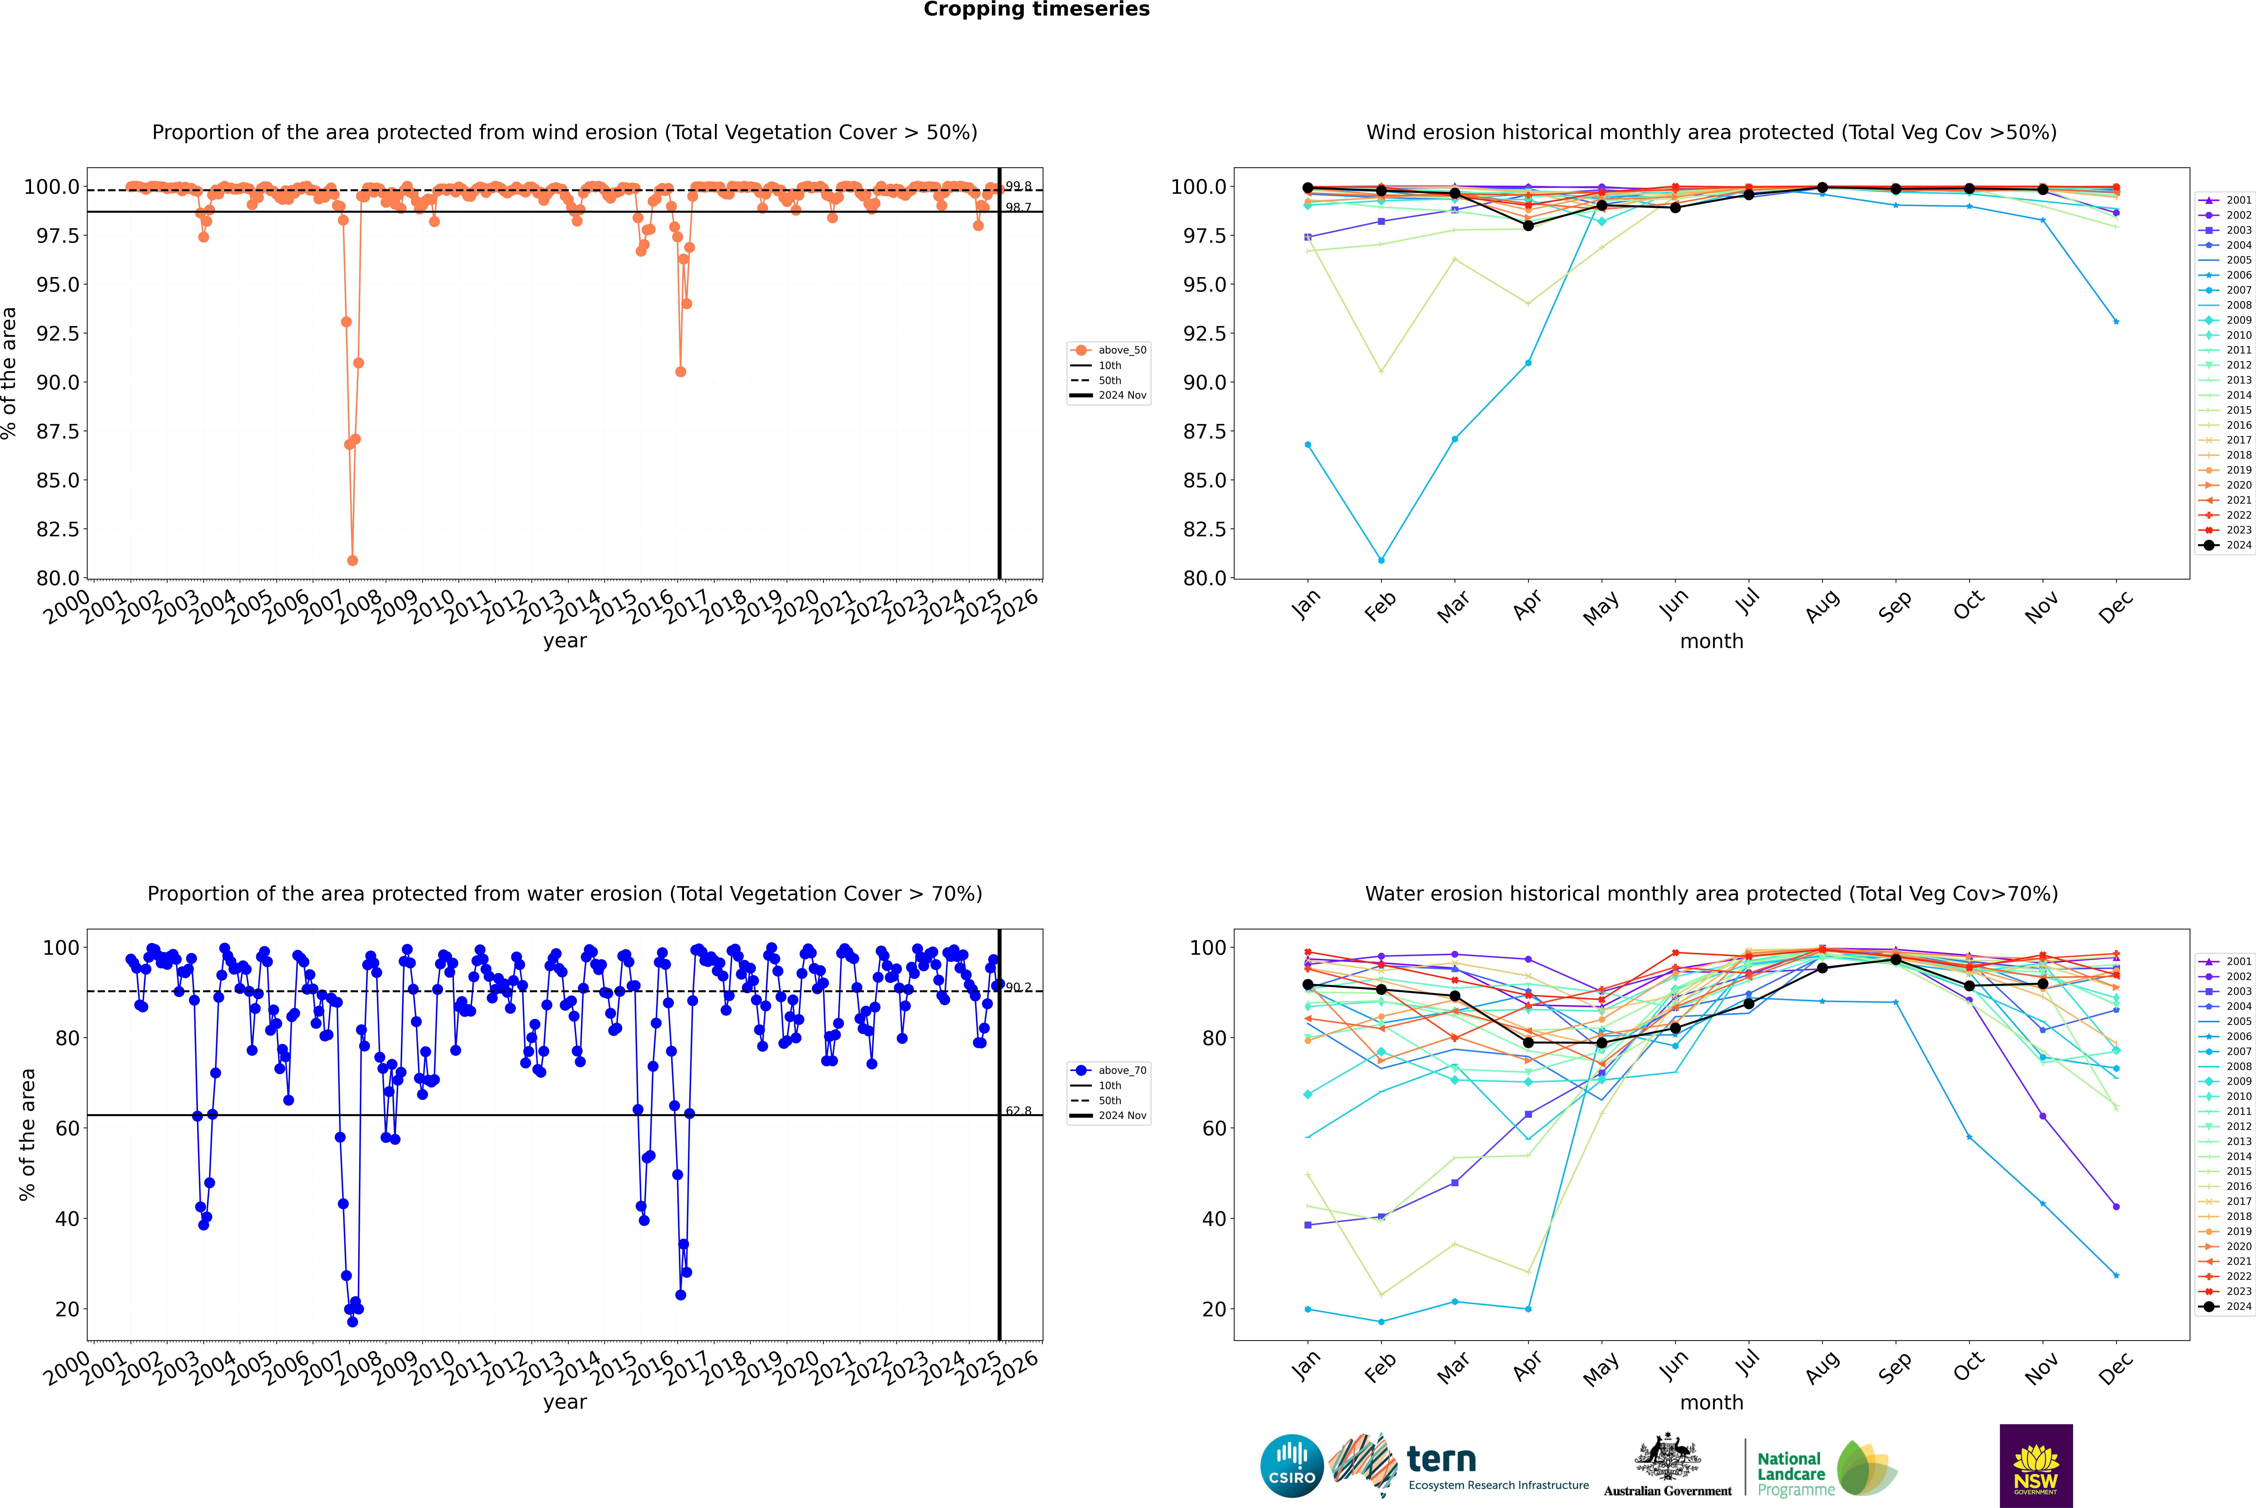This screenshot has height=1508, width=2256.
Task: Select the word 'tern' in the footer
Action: pos(1441,1459)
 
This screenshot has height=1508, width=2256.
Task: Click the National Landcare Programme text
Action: pos(1791,1473)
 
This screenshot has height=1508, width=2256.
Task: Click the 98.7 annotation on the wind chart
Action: pos(1018,208)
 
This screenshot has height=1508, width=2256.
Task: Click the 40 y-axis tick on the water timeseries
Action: pos(67,1218)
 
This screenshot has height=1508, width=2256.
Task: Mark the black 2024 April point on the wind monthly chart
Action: pos(1528,225)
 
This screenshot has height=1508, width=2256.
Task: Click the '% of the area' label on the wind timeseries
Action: pos(10,373)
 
